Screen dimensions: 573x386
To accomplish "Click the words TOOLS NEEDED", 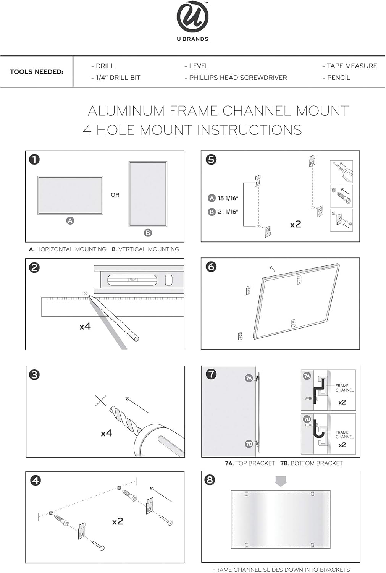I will tap(36, 72).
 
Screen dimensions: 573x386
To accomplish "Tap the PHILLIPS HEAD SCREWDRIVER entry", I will tap(236, 78).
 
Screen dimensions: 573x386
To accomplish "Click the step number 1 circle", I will tap(34, 159).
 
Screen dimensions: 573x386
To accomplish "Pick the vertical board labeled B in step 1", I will tap(148, 194).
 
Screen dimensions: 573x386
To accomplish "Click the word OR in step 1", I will tap(115, 195).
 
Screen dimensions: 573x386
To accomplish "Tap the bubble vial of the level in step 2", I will tap(132, 280).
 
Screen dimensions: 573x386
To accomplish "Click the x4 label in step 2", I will tap(85, 326).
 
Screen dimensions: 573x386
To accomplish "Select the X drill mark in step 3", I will tap(101, 401).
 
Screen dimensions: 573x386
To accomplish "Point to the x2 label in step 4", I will tap(118, 521).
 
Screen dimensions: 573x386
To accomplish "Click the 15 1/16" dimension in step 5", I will tap(228, 198).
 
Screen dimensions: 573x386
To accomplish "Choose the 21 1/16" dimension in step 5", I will tap(228, 212).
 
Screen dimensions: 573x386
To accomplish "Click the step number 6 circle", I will tap(211, 267).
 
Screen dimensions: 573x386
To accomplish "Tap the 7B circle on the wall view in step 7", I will tap(249, 444).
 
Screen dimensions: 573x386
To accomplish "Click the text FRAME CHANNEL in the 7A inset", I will tap(344, 388).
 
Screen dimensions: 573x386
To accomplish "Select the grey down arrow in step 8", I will tap(281, 481).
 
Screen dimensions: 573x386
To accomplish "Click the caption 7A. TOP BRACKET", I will tap(250, 463).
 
